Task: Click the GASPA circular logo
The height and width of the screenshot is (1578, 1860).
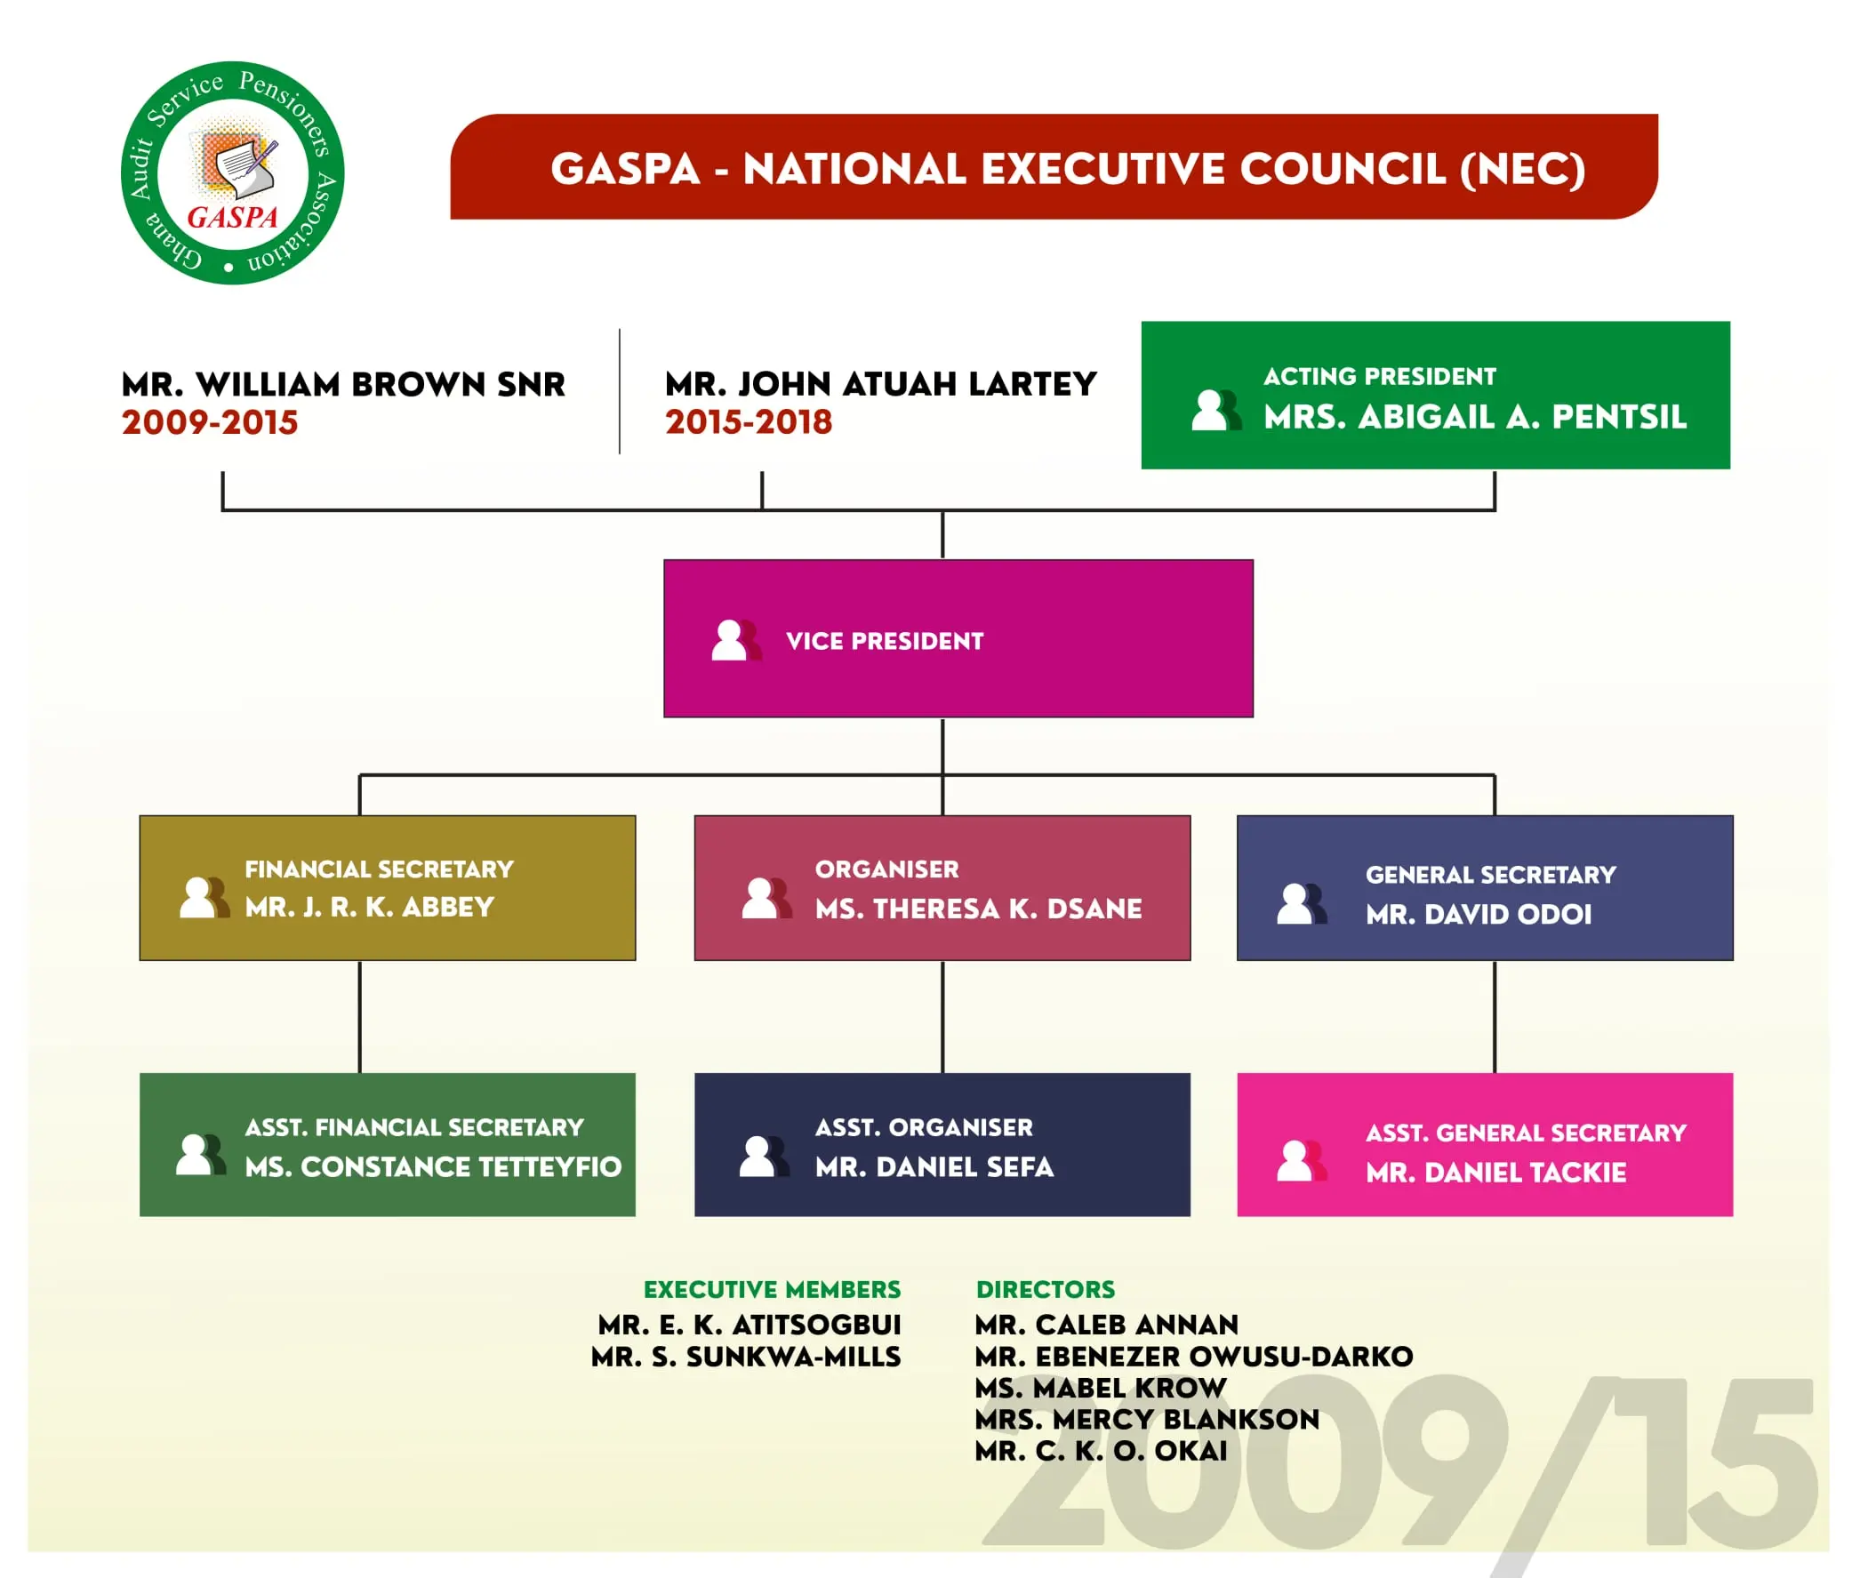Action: (x=232, y=172)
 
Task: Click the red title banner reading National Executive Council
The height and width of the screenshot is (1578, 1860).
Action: (x=1053, y=167)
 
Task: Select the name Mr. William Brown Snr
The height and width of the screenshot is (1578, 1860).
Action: (x=343, y=385)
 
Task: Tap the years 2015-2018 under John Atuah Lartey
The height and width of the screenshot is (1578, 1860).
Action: (x=748, y=422)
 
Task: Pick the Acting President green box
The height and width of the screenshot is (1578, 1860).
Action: (x=1434, y=395)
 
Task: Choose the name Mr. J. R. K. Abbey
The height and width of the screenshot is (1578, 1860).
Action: (x=370, y=907)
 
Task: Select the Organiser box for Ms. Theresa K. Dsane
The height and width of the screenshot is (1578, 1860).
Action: (x=942, y=887)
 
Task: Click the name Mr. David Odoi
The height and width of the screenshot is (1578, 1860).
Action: (x=1478, y=914)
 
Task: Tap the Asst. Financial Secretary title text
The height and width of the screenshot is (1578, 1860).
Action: (x=414, y=1127)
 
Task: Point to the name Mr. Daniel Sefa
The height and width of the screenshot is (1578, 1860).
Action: (x=934, y=1166)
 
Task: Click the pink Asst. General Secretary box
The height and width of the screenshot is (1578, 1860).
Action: (x=1483, y=1144)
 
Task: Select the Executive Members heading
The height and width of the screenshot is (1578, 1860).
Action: (x=771, y=1289)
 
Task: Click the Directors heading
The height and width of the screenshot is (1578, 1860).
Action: (x=1045, y=1289)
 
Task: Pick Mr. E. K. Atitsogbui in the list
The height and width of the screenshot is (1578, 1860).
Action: (x=749, y=1324)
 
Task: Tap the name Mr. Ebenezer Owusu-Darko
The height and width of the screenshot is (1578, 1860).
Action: (x=1192, y=1356)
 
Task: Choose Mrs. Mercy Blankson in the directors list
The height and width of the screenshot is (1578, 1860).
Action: (x=1146, y=1419)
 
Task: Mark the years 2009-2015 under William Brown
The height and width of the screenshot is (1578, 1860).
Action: (x=209, y=422)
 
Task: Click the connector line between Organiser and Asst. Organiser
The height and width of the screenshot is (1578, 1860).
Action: (x=942, y=1016)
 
